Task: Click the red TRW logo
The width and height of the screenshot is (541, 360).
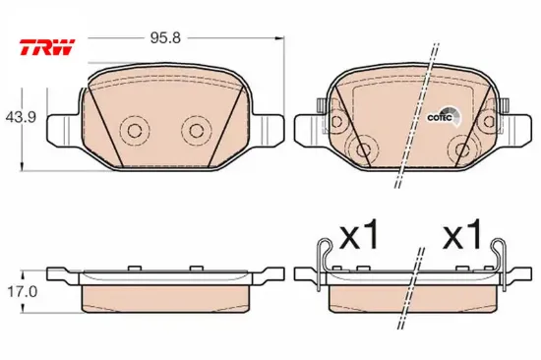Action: [x=47, y=47]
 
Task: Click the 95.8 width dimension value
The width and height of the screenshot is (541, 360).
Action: [x=165, y=38]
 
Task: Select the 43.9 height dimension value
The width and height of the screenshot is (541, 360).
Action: [x=21, y=118]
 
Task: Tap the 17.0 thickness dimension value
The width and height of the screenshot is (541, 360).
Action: [x=23, y=292]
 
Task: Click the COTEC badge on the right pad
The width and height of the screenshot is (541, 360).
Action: [x=444, y=117]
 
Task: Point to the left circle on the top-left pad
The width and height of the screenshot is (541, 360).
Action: [x=135, y=131]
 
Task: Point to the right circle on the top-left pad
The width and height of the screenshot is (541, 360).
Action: [x=197, y=131]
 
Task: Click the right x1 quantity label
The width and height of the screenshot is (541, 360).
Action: [x=462, y=234]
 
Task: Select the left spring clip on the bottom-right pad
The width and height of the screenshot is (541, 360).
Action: [x=322, y=263]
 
